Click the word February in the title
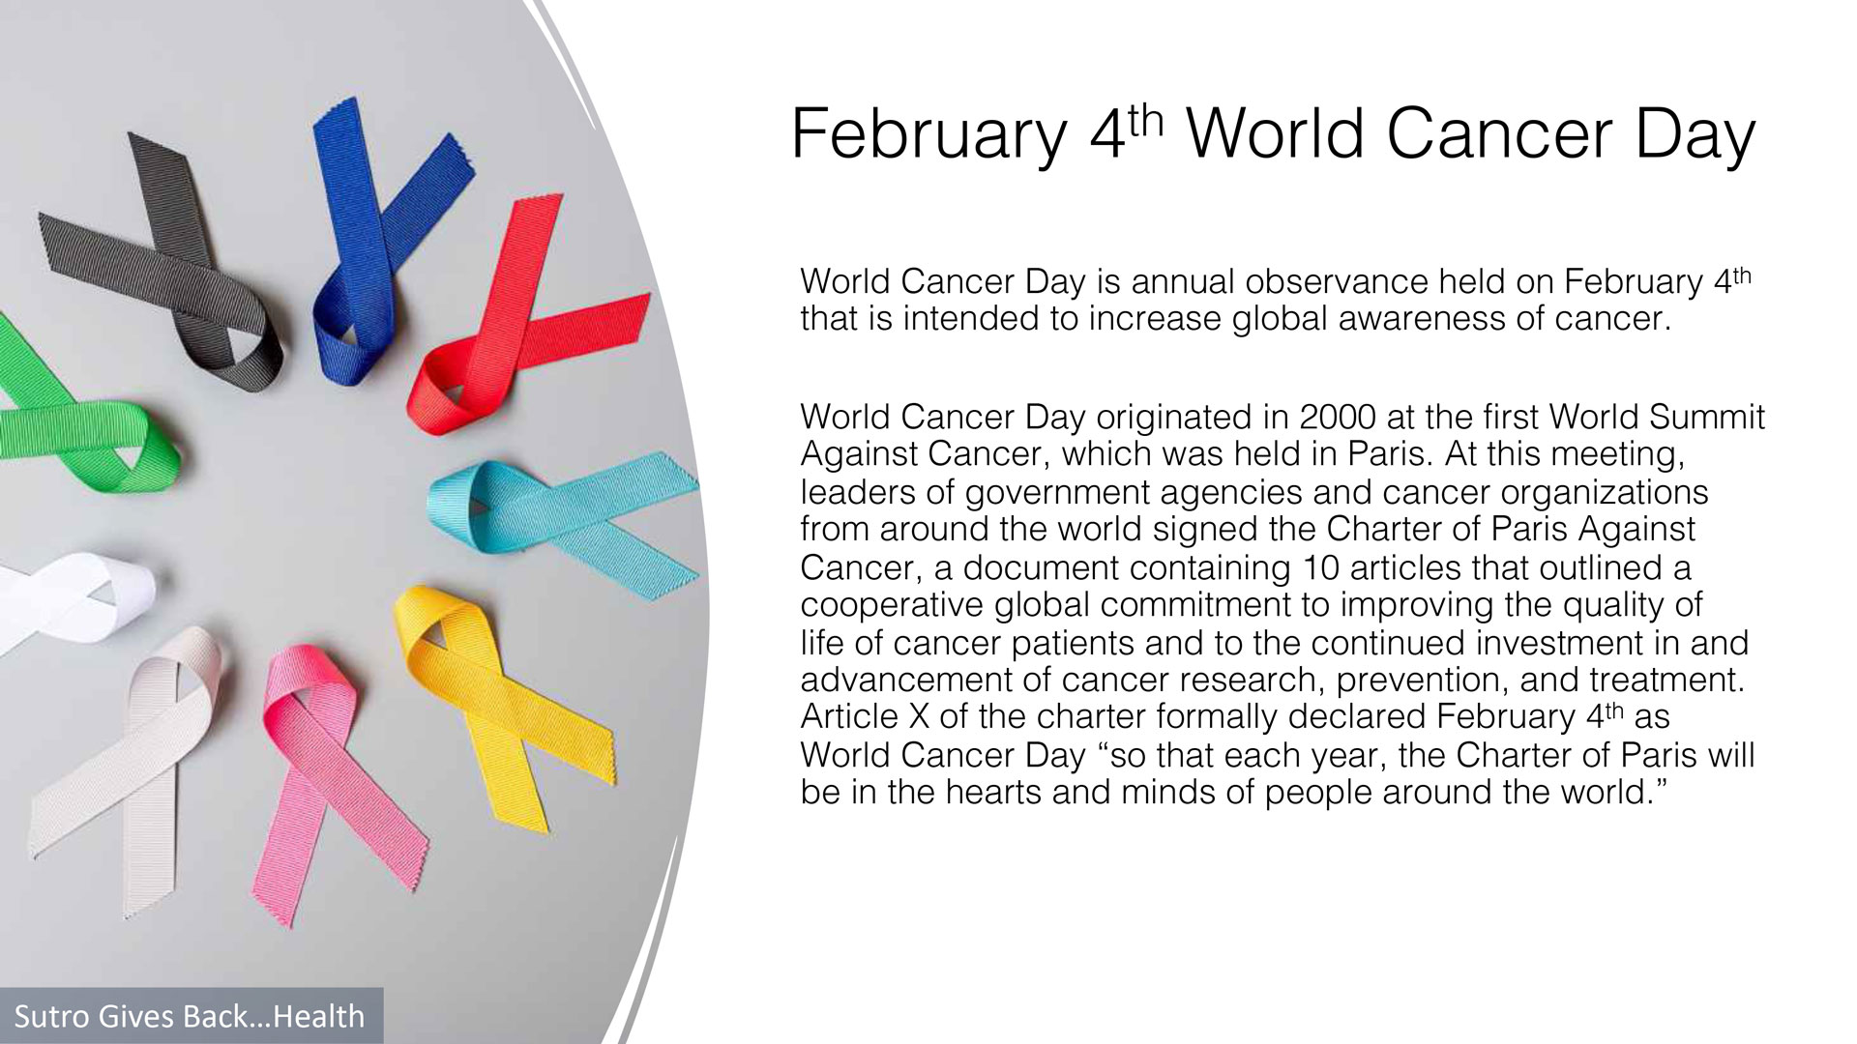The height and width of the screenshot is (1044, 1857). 928,135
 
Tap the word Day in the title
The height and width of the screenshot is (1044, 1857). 1695,135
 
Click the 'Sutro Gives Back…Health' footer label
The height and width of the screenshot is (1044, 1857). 190,1016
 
